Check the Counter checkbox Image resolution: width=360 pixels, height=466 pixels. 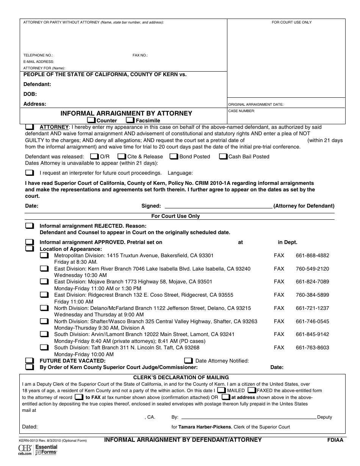tap(91, 120)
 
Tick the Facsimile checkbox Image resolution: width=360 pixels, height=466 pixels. tap(130, 120)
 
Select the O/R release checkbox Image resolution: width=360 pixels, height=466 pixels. tap(94, 156)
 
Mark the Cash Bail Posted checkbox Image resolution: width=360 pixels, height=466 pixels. tap(224, 156)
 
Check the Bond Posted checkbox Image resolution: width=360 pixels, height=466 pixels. tap(174, 156)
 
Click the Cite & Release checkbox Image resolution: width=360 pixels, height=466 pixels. tap(122, 156)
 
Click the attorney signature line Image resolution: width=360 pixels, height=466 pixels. tap(219, 206)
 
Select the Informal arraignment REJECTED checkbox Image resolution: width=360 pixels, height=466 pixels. tap(30, 226)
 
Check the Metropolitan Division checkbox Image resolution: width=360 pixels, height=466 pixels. tap(44, 256)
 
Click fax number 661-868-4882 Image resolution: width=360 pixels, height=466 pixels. tap(312, 256)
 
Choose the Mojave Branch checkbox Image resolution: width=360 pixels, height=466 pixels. tap(44, 282)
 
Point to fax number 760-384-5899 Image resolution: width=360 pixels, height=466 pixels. tap(312, 295)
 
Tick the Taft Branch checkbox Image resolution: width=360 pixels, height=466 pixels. tap(44, 347)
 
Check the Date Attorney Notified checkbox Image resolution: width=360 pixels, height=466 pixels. tap(188, 361)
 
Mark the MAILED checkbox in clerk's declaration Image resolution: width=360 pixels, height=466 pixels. tap(221, 390)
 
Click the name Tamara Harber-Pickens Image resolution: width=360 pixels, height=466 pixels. tap(205, 427)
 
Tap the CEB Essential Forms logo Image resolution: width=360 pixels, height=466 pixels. tap(38, 450)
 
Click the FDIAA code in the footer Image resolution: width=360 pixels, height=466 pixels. tap(335, 440)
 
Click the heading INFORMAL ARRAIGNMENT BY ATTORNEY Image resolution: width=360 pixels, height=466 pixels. tap(127, 113)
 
